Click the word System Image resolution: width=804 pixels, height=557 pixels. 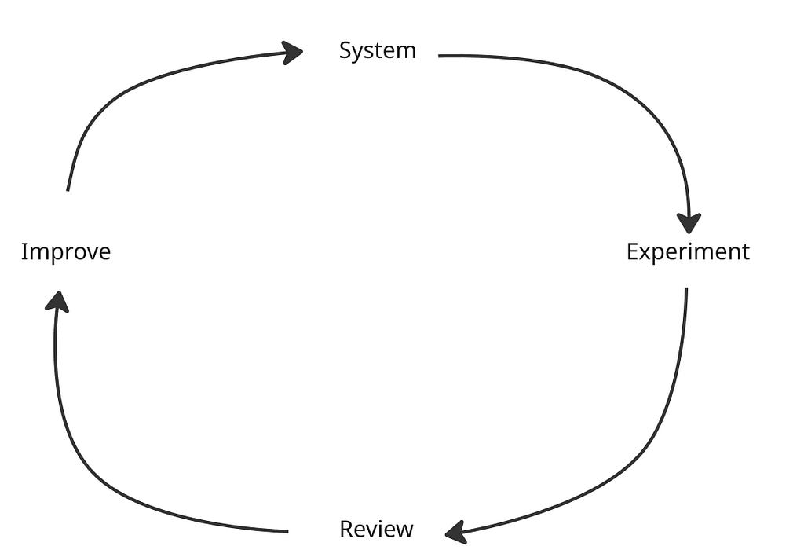tap(377, 51)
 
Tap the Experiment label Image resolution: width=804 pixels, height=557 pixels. tap(688, 252)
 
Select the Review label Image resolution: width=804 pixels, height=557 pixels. tap(376, 530)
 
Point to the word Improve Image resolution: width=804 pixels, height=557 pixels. tap(65, 252)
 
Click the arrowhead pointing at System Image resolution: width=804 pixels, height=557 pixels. tap(294, 53)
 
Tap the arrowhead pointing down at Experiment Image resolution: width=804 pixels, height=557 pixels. tap(689, 223)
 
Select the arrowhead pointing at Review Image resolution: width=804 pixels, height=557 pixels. tap(455, 533)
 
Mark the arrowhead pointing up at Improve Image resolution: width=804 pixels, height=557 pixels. tap(56, 301)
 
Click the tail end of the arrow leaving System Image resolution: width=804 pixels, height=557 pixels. tap(440, 56)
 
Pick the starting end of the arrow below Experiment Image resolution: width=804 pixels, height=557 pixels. tap(686, 289)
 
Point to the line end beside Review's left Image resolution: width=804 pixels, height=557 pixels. tap(287, 532)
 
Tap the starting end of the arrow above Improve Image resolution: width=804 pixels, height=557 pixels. tap(68, 189)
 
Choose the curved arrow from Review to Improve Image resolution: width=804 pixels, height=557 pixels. tap(94, 471)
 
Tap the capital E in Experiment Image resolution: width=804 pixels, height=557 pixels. tap(632, 252)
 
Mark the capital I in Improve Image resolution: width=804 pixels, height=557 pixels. tap(24, 252)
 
